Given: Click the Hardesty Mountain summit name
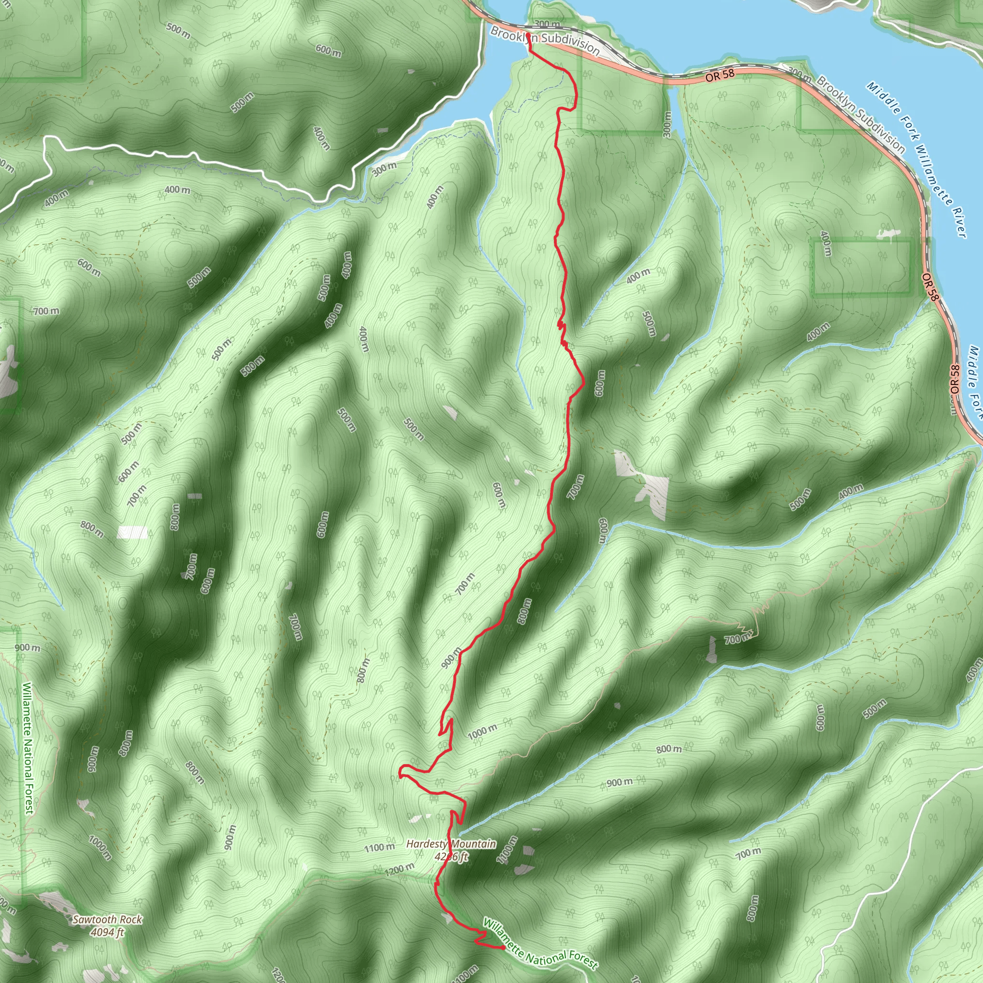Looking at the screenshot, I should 451,844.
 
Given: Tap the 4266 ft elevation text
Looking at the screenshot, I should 451,856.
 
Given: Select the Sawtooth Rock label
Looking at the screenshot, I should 107,919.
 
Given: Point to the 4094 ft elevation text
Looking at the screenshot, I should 107,932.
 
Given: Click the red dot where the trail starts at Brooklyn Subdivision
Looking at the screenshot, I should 528,36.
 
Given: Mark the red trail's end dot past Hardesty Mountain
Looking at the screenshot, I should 503,948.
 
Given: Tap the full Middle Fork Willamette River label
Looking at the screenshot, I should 916,159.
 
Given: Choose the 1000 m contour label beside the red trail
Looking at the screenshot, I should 482,732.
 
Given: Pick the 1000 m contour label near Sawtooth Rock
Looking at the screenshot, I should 100,847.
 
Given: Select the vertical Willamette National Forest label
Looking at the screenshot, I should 27,748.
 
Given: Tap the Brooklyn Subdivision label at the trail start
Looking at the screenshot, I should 544,40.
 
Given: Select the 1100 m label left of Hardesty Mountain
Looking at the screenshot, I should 379,848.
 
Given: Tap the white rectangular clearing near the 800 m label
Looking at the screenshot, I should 132,532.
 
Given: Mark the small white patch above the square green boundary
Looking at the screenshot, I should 888,234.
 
